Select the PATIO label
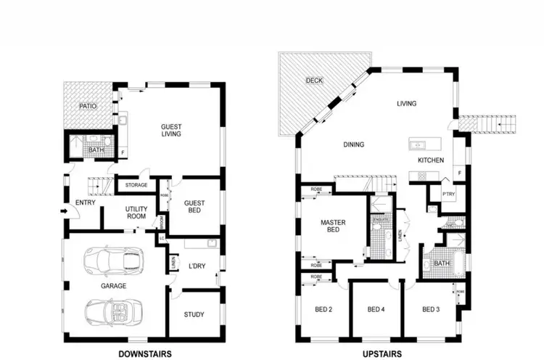click(x=88, y=107)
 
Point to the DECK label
click(x=313, y=80)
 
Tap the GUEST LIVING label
click(x=170, y=130)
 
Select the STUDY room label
click(x=194, y=314)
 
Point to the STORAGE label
click(x=136, y=185)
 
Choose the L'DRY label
click(x=197, y=266)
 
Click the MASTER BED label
click(x=334, y=226)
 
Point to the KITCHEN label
click(x=430, y=160)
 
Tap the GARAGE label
click(x=113, y=286)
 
